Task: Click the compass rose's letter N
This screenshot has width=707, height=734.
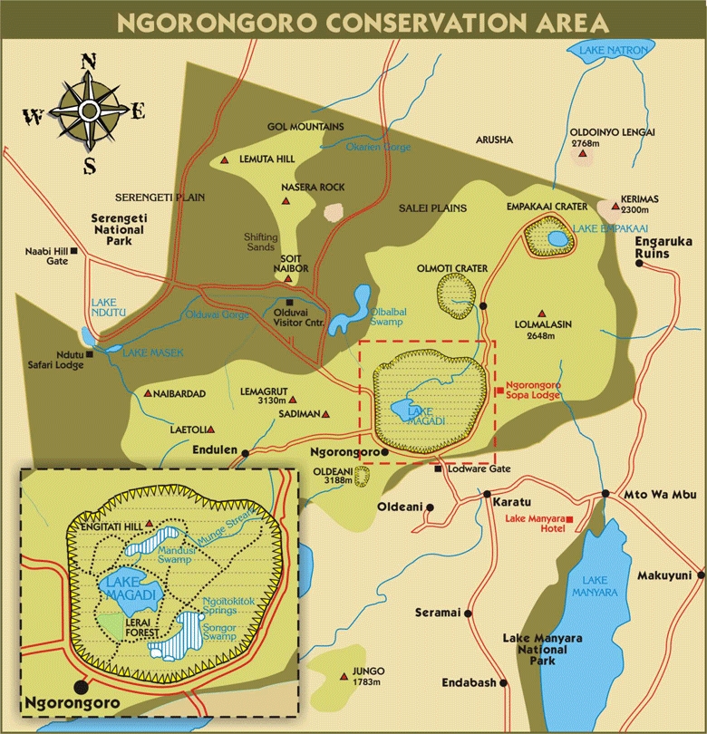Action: (89, 62)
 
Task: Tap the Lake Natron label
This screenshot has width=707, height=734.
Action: (604, 53)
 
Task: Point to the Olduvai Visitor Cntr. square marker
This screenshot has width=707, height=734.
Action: (289, 302)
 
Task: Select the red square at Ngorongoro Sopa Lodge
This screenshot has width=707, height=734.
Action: (499, 391)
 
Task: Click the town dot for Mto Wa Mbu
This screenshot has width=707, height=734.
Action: (605, 494)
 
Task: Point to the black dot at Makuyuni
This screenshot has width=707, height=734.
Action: (699, 575)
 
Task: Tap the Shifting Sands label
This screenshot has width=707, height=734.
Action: (263, 242)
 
